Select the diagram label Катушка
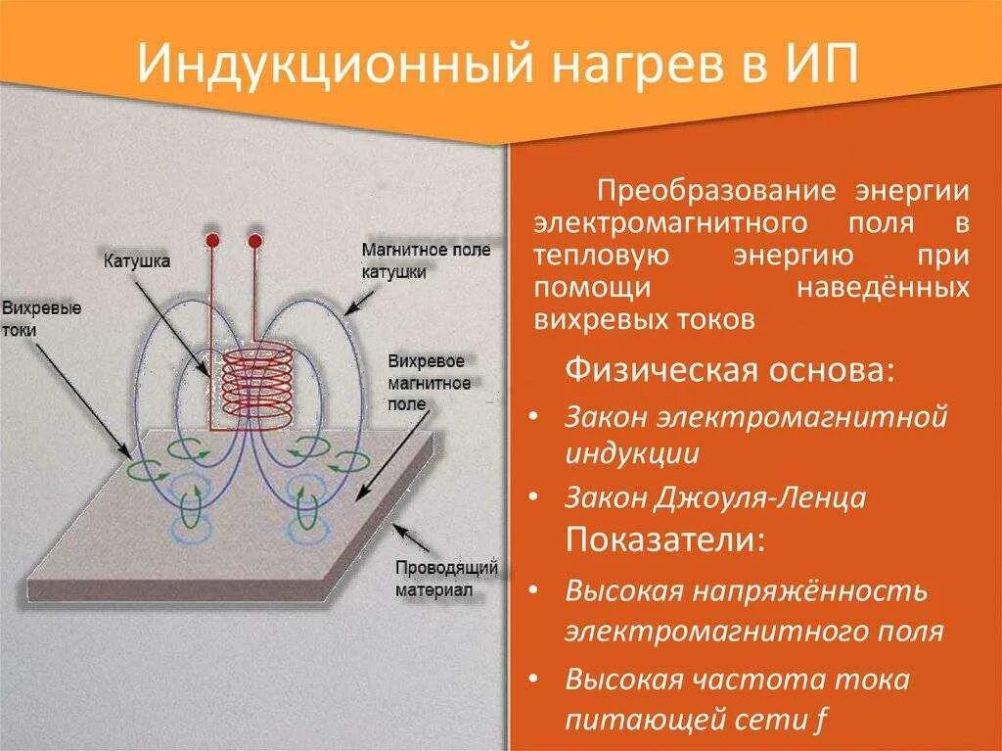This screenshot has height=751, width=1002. tap(137, 261)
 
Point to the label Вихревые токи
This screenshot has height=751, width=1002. tap(41, 319)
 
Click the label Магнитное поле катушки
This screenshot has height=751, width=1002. tap(425, 261)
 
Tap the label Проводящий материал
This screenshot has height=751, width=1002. tap(446, 579)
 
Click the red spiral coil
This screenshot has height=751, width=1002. tap(257, 389)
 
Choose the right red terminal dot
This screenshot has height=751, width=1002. tap(255, 241)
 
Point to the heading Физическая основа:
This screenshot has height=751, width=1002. tap(730, 372)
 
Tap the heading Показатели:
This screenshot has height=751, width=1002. tap(661, 540)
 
